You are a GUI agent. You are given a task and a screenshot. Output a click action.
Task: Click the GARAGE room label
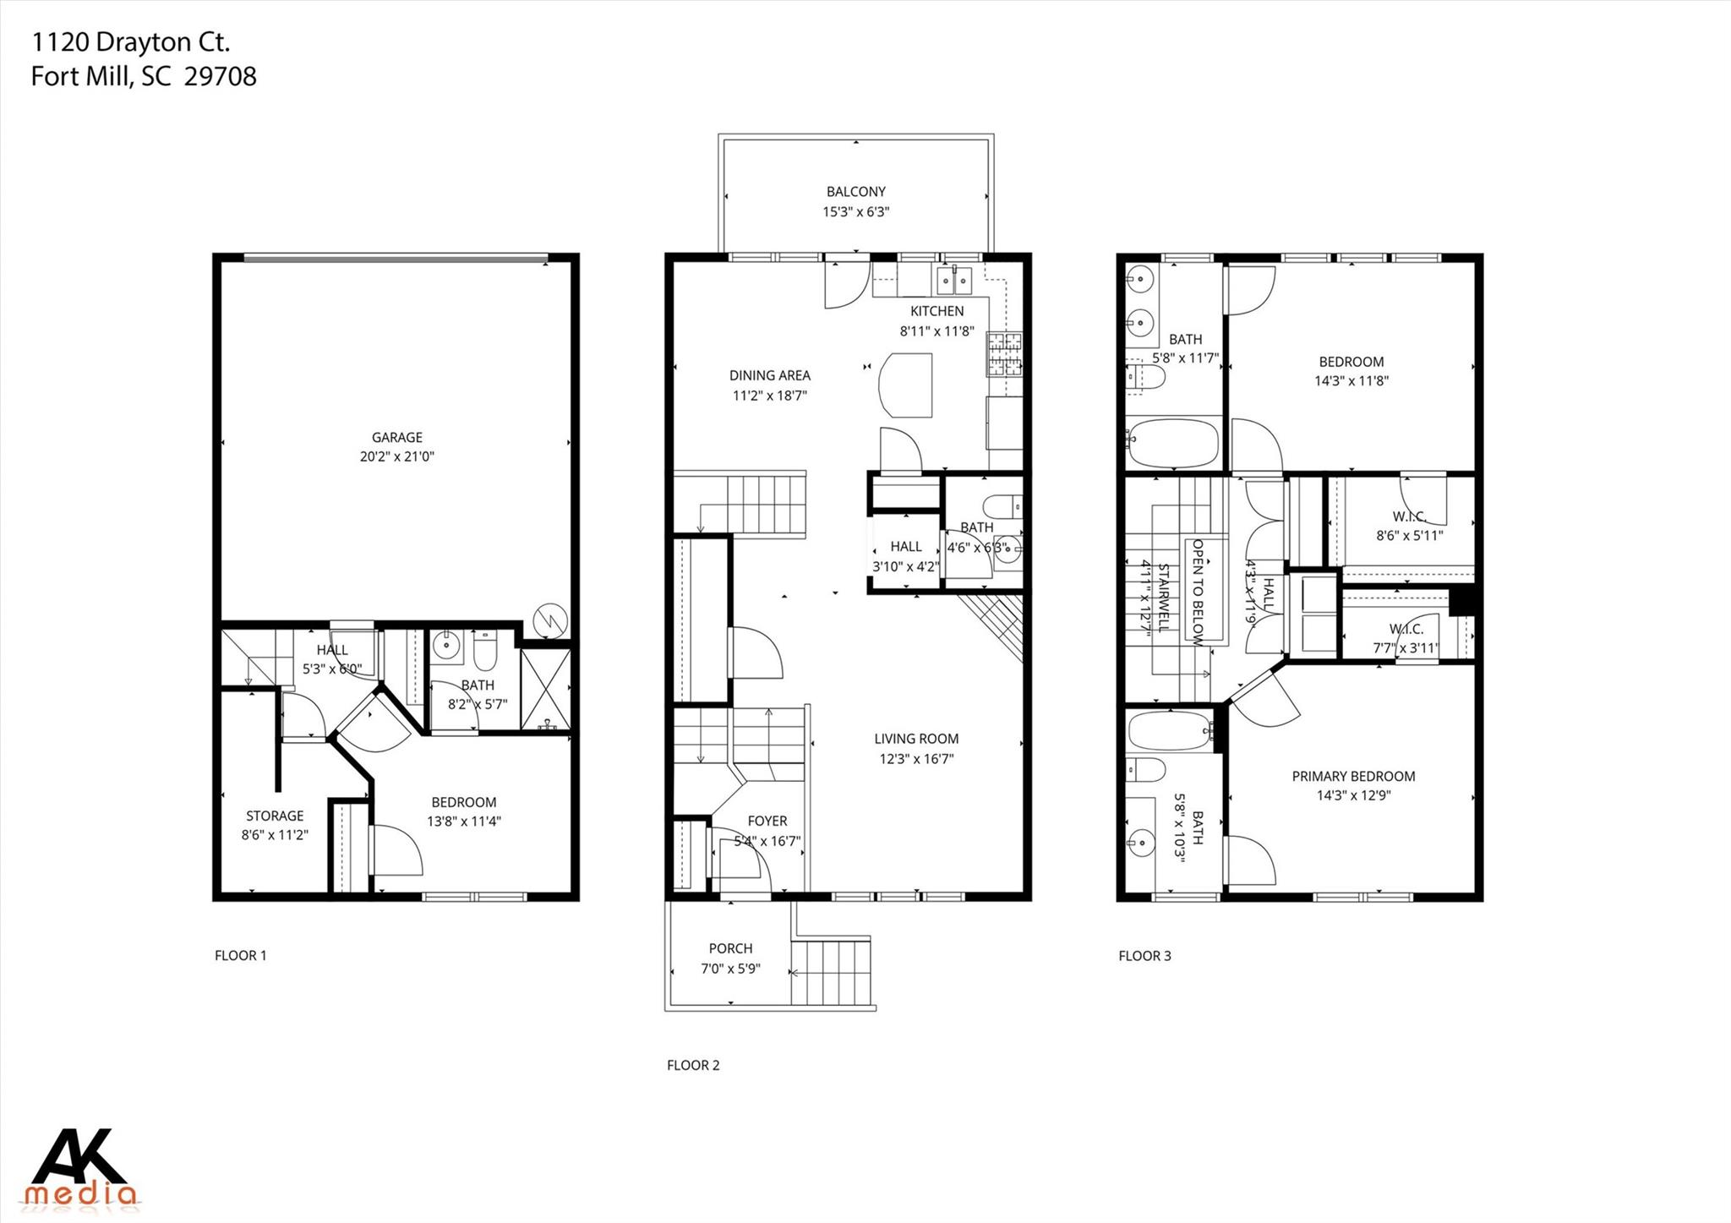[396, 437]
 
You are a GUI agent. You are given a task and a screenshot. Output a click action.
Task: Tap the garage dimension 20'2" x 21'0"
[396, 456]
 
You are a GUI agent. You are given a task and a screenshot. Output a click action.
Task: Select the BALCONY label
[855, 192]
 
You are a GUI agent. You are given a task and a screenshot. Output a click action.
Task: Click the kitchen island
[906, 385]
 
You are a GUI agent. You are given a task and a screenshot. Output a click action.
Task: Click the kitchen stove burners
[1004, 354]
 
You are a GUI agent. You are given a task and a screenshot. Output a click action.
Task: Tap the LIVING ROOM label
[916, 739]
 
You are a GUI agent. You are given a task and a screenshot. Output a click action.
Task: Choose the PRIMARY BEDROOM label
[1353, 776]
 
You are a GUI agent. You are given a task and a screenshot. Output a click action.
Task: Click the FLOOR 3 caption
[1144, 956]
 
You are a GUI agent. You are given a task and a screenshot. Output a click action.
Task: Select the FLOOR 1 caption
[240, 956]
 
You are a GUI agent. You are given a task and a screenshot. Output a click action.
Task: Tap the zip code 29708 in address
[221, 77]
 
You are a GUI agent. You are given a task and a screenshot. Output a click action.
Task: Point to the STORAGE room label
[274, 816]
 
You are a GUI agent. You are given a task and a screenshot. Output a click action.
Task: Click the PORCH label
[730, 948]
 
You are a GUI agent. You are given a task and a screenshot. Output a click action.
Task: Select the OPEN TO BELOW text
[1198, 592]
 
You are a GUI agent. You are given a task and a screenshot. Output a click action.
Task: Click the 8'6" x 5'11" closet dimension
[1409, 535]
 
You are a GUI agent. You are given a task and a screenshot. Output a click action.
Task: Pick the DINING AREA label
[769, 375]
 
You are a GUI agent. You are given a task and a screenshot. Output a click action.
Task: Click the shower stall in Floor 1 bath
[545, 689]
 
